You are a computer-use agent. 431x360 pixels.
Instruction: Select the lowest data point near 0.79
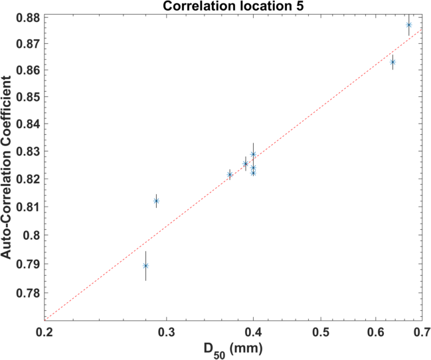[x=145, y=266]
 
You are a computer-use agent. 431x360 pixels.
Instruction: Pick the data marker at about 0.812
[x=156, y=201]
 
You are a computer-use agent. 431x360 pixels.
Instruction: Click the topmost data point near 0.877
[x=408, y=25]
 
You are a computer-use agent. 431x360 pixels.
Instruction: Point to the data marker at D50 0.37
[x=230, y=175]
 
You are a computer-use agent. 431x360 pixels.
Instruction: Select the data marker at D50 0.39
[x=245, y=164]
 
